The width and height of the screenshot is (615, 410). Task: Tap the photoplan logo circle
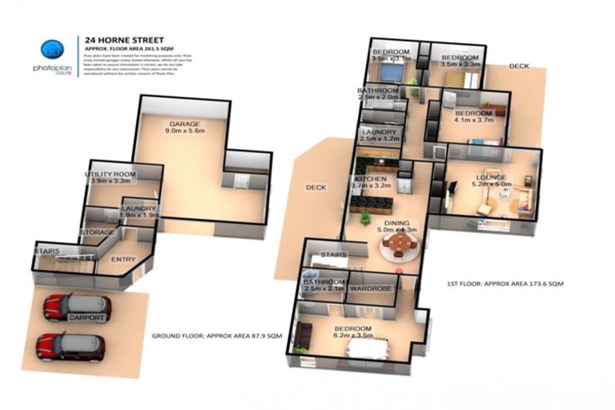[x=51, y=49]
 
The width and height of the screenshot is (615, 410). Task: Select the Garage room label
[x=183, y=124]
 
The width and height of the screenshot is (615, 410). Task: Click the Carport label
[x=86, y=318]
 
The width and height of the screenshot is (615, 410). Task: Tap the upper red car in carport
[x=77, y=305]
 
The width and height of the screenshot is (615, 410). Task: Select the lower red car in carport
[x=70, y=347]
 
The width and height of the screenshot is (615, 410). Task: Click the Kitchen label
[x=370, y=179]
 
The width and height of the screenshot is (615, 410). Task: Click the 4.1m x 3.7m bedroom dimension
[x=476, y=123]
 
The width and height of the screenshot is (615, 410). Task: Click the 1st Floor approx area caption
[x=504, y=284]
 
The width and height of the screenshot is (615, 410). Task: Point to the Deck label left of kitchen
[x=316, y=187]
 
